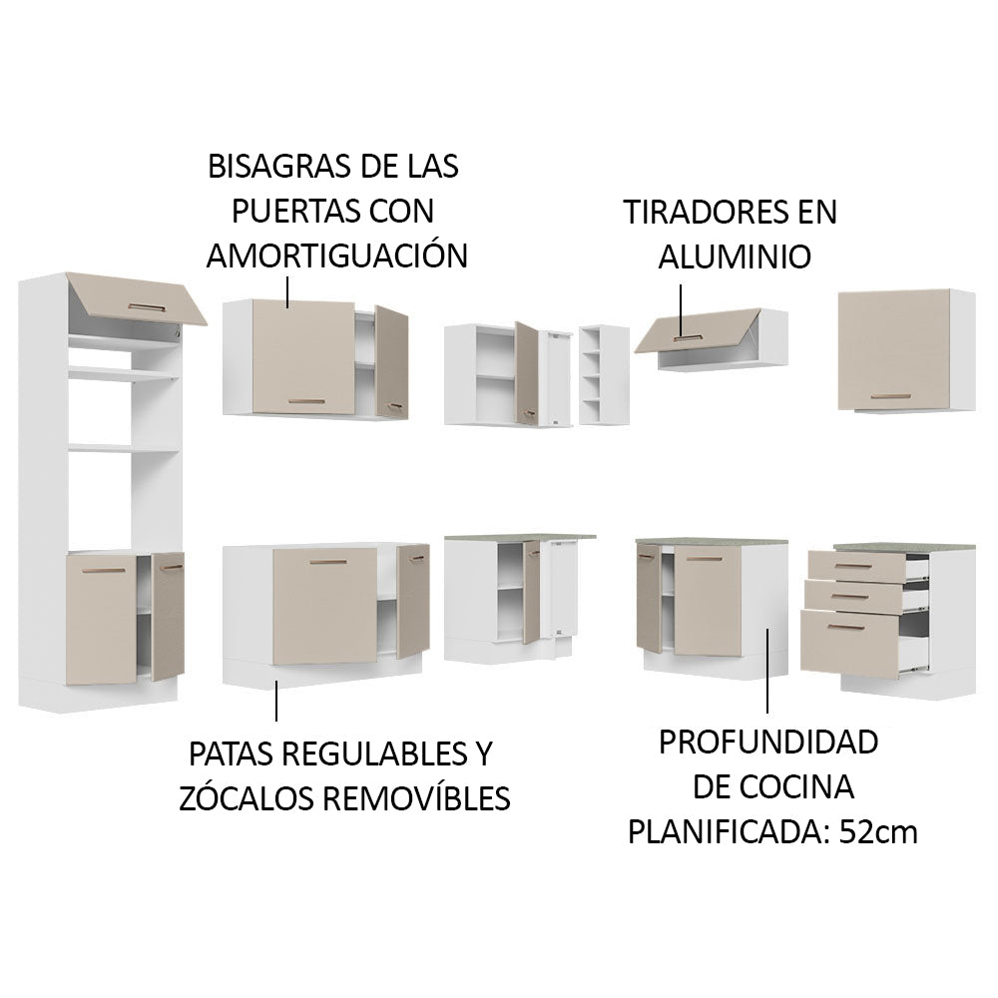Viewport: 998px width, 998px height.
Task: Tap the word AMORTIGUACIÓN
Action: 336,255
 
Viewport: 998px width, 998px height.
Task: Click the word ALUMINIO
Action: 734,255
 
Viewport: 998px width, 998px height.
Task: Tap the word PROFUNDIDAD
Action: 768,742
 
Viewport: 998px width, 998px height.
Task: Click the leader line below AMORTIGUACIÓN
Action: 288,292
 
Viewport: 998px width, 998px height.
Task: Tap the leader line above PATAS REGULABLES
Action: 276,702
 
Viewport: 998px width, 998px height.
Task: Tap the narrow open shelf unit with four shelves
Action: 604,376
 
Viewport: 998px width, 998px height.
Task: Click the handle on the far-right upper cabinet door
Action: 889,396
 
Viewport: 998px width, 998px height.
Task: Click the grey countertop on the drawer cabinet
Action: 903,546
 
